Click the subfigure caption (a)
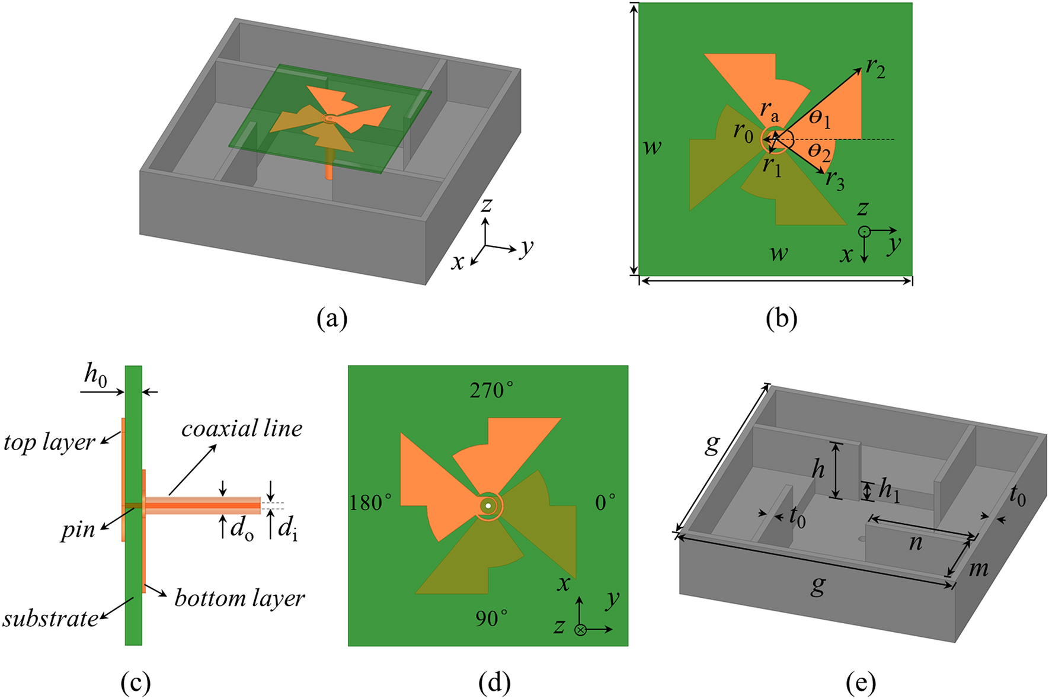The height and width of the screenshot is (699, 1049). click(x=332, y=319)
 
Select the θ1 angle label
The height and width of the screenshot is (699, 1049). click(x=820, y=119)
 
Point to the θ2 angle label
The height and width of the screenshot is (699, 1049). click(x=819, y=152)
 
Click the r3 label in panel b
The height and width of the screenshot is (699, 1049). click(x=834, y=179)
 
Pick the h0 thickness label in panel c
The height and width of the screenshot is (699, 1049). click(x=95, y=375)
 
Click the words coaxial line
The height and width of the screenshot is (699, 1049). click(x=242, y=428)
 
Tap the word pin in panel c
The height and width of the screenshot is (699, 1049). click(x=78, y=530)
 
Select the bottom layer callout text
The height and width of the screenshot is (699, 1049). click(x=239, y=598)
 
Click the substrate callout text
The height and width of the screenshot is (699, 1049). click(x=50, y=618)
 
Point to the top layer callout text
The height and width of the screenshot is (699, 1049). click(x=49, y=442)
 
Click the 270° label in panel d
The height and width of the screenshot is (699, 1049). click(x=491, y=390)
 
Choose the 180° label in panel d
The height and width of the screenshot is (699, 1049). click(x=370, y=503)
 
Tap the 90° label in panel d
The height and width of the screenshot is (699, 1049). click(x=491, y=618)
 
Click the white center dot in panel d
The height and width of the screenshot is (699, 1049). click(x=488, y=506)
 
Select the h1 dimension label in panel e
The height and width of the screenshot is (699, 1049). click(x=890, y=490)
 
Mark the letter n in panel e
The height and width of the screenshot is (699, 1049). click(x=916, y=543)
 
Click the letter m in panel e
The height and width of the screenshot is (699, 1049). click(x=978, y=569)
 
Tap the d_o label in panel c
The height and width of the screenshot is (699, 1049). click(x=241, y=528)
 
